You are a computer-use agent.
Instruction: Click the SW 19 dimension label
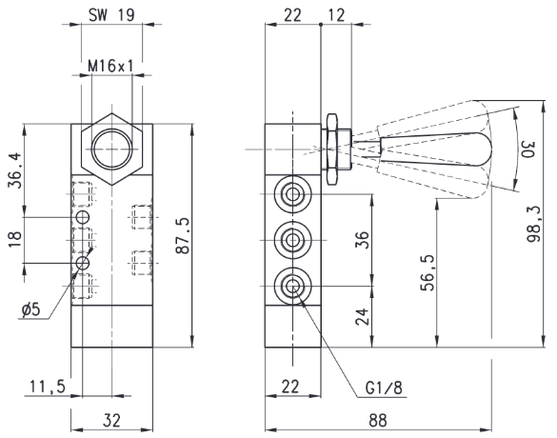point(111,15)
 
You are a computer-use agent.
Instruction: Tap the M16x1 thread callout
point(110,66)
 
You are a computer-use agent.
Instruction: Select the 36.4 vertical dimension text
point(14,170)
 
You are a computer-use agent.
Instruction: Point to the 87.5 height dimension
point(184,236)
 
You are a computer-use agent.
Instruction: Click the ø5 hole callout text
point(30,310)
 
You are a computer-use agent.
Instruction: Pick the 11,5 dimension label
point(48,387)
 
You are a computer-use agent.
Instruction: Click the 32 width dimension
point(112,421)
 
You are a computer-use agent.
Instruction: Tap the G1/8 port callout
point(384,388)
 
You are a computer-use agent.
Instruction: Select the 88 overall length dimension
point(378,421)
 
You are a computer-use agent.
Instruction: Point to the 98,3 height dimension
point(533,224)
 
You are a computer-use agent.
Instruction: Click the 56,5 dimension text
point(428,273)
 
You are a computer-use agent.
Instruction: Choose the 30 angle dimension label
point(527,149)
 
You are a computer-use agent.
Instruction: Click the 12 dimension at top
point(336,15)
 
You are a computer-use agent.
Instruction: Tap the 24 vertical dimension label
point(363,317)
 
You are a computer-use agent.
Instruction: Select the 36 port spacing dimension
point(363,240)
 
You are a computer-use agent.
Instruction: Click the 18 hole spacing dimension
point(14,239)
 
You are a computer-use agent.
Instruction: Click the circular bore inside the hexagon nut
point(112,149)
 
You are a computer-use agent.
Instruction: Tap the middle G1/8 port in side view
point(292,240)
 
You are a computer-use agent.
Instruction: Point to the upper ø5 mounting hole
point(83,217)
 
